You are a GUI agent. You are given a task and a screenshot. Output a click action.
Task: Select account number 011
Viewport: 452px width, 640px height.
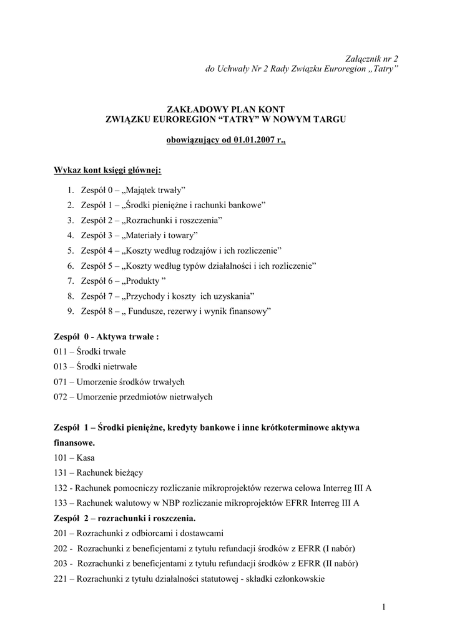point(61,352)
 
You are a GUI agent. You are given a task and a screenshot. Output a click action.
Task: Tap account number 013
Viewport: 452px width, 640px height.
point(61,367)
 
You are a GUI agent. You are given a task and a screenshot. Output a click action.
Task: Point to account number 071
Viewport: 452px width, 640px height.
point(61,382)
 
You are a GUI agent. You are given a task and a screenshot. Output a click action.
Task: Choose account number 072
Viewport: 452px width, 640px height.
point(61,397)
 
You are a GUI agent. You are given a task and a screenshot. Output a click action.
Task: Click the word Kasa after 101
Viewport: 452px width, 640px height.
point(86,457)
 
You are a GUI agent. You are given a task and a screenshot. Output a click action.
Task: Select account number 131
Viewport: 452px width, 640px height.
point(61,472)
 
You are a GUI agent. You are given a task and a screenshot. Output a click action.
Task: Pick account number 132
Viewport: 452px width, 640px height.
point(61,487)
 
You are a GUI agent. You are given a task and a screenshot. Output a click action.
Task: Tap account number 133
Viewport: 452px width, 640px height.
point(61,502)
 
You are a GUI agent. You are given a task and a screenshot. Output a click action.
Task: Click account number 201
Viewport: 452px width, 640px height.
point(61,533)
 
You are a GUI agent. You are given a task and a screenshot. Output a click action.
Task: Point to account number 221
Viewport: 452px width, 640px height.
point(61,579)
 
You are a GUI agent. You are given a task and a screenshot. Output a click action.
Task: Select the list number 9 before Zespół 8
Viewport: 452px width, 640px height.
point(70,311)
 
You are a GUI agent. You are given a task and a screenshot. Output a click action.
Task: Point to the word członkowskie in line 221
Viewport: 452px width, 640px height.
point(297,579)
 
